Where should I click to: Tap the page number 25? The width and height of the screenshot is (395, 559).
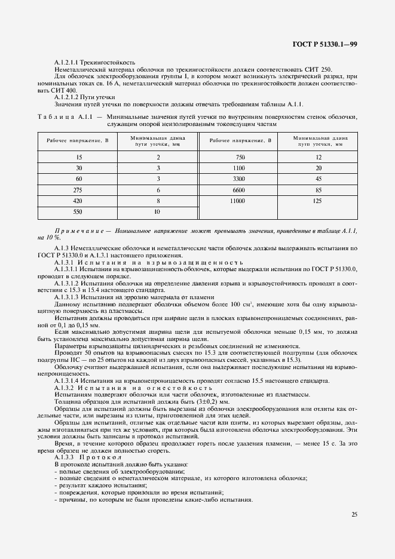pyautogui.click(x=354, y=514)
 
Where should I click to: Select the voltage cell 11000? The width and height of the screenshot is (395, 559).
pyautogui.click(x=237, y=201)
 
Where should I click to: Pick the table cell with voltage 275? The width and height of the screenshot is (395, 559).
pyautogui.click(x=79, y=189)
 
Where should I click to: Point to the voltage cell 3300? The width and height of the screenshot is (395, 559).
pyautogui.click(x=237, y=179)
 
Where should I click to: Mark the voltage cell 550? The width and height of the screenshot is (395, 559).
pyautogui.click(x=79, y=212)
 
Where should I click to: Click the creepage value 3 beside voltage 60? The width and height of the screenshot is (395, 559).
pyautogui.click(x=158, y=179)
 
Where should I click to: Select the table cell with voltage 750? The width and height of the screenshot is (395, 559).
pyautogui.click(x=237, y=156)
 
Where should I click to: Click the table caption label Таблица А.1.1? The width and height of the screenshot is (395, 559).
pyautogui.click(x=65, y=117)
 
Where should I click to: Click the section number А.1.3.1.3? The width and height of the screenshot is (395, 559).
pyautogui.click(x=71, y=297)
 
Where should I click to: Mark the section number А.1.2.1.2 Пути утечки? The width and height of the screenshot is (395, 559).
pyautogui.click(x=85, y=97)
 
